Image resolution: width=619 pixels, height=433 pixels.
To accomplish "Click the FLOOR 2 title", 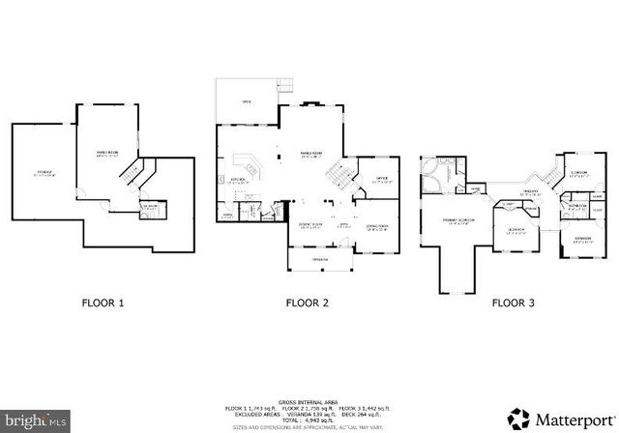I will point(307,303).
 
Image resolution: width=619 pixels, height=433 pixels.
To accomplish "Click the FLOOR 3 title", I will point(513,303).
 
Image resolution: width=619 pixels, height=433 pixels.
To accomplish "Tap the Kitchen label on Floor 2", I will point(239,180).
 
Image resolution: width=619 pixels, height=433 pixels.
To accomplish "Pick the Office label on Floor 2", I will point(371,176).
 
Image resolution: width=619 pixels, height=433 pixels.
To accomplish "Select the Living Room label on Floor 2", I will point(375,228).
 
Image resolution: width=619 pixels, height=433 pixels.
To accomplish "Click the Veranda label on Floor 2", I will point(319,260).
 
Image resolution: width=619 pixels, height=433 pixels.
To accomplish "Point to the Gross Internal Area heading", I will point(307,399).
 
